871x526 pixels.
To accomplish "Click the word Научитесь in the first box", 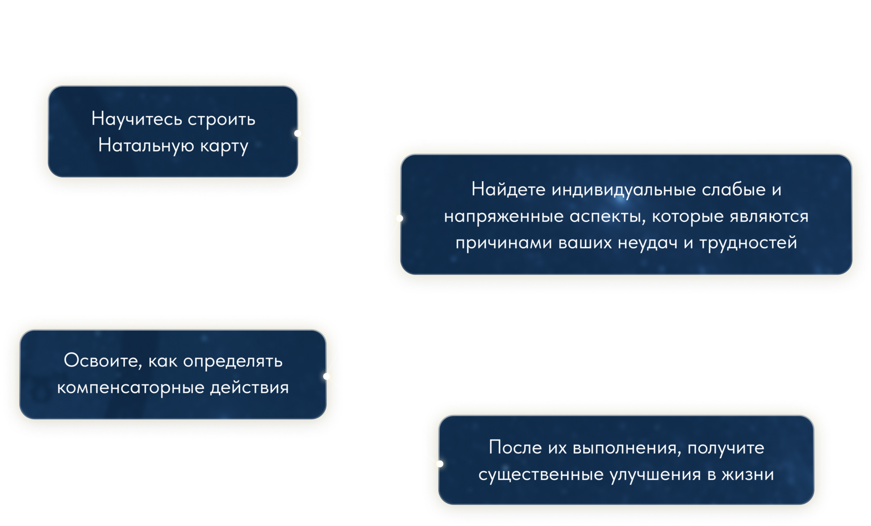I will tap(137, 119).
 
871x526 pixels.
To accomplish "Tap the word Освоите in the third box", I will tap(102, 361).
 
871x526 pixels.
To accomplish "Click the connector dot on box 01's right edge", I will tap(298, 133).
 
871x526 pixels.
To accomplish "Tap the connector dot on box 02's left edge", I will tap(399, 218).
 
